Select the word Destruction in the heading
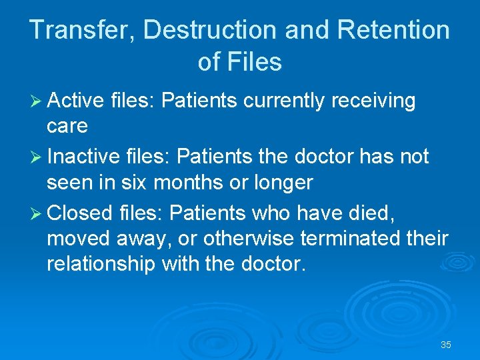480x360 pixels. click(210, 30)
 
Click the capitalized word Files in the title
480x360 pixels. click(254, 62)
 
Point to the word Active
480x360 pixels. click(76, 101)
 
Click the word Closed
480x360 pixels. click(80, 213)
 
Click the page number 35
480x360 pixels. click(446, 345)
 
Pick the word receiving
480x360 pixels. click(373, 101)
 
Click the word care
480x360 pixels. click(67, 126)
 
